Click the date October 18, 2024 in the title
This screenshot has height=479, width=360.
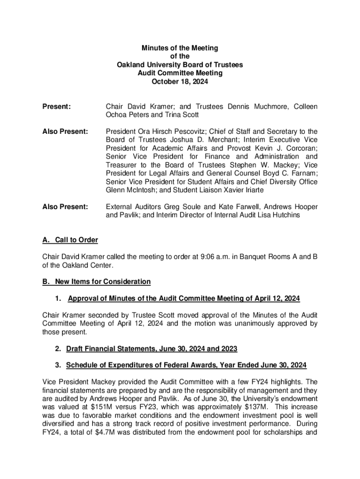pos(180,81)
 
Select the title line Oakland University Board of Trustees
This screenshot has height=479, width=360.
pos(180,65)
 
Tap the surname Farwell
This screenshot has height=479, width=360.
pos(227,207)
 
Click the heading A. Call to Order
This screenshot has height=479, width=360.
pos(70,240)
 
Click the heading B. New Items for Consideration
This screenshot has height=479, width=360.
pos(96,282)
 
